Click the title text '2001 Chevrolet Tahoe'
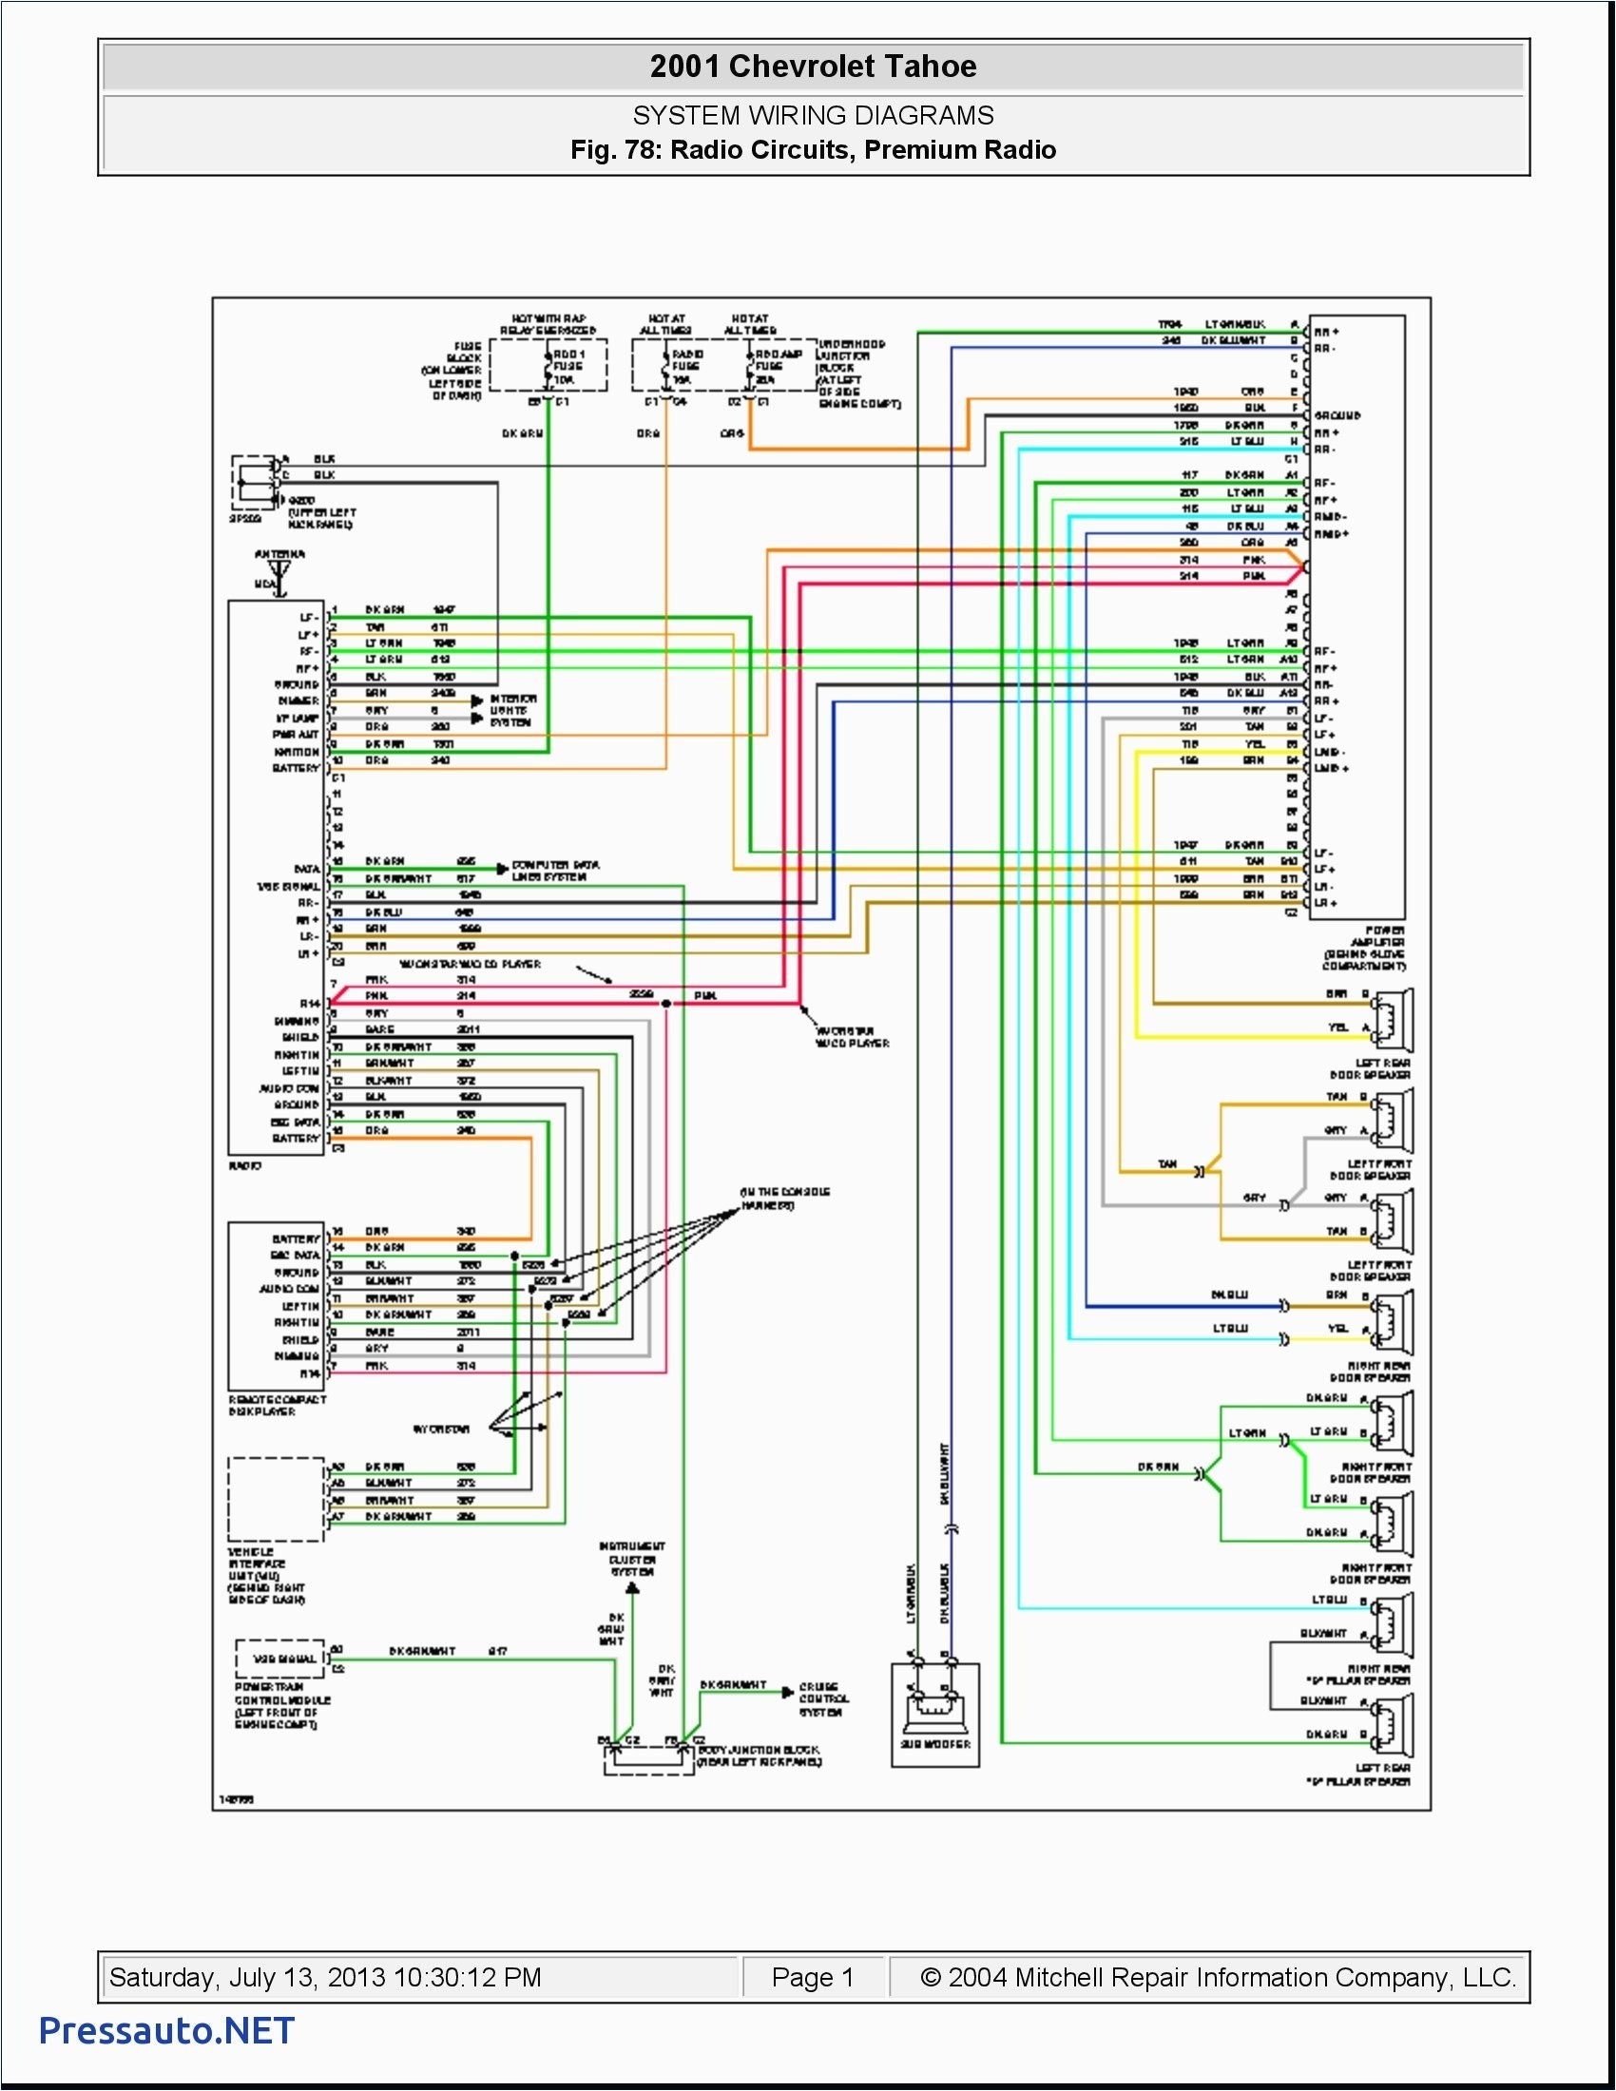pyautogui.click(x=813, y=67)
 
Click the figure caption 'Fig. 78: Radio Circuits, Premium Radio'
pyautogui.click(x=813, y=150)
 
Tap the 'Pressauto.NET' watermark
pyautogui.click(x=166, y=2031)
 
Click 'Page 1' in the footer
pyautogui.click(x=812, y=1977)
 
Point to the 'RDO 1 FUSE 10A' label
pyautogui.click(x=568, y=367)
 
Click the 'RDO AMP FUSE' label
pyautogui.click(x=778, y=367)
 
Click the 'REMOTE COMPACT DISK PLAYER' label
pyautogui.click(x=277, y=1406)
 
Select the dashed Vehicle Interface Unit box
pyautogui.click(x=276, y=1499)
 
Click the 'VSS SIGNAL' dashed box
pyautogui.click(x=282, y=1659)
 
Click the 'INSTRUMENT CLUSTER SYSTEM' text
pyautogui.click(x=632, y=1559)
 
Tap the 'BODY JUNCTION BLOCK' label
pyautogui.click(x=760, y=1755)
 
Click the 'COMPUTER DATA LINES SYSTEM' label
pyautogui.click(x=555, y=871)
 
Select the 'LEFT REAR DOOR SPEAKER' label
pyautogui.click(x=1370, y=1068)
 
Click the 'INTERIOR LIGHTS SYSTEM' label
pyautogui.click(x=513, y=710)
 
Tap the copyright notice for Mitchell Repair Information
pyautogui.click(x=1217, y=1977)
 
